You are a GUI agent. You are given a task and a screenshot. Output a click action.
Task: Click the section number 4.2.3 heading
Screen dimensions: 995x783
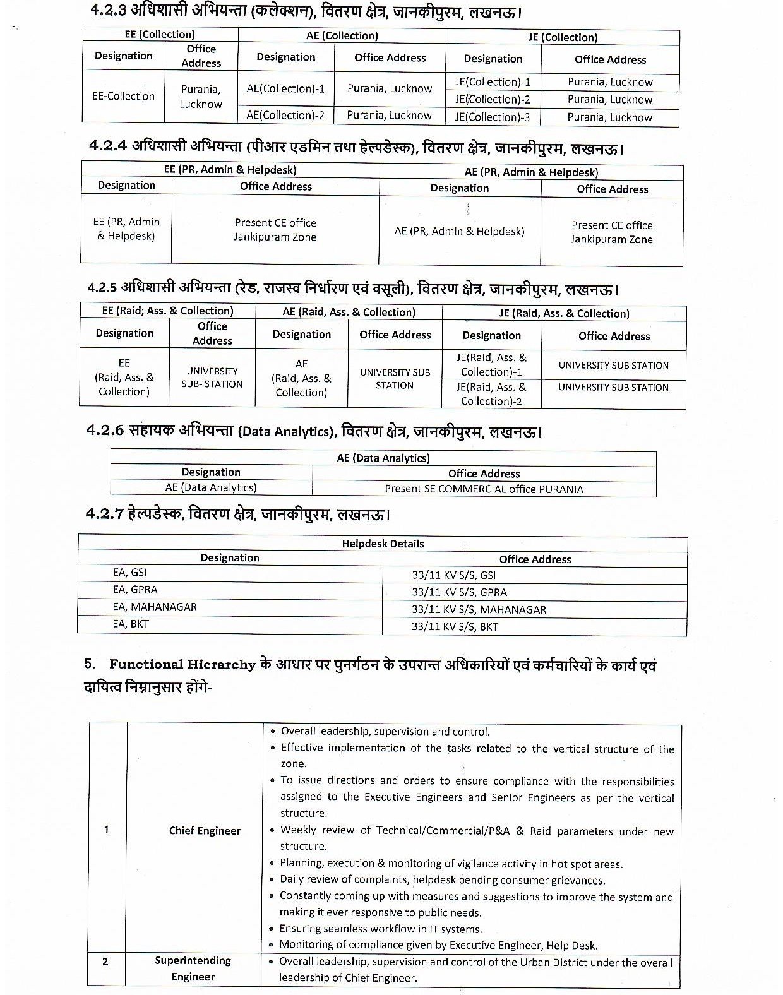click(107, 13)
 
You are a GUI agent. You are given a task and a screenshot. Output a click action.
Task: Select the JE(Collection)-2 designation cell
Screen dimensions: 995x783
click(493, 99)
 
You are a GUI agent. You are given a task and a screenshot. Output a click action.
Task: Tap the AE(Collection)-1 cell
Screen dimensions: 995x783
click(285, 89)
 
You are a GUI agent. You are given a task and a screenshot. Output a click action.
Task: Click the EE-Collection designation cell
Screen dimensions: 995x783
click(123, 96)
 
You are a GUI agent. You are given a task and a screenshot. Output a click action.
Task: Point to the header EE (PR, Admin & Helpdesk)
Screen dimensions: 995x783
click(230, 170)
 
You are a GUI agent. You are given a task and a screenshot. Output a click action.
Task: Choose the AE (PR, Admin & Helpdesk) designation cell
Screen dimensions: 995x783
click(459, 231)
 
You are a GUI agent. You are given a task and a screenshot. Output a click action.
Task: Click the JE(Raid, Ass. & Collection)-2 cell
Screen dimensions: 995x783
click(491, 394)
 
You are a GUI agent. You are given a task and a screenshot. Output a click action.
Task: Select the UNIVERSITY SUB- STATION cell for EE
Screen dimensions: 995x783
click(212, 378)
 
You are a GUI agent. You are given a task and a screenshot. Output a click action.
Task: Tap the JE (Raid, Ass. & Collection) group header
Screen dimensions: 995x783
click(564, 313)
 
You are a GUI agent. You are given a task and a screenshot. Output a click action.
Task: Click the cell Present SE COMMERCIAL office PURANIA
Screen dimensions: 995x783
click(484, 489)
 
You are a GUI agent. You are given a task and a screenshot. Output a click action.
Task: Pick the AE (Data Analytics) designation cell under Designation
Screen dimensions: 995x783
click(211, 487)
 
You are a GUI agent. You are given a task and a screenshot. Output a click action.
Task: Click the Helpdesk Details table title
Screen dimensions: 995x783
click(383, 544)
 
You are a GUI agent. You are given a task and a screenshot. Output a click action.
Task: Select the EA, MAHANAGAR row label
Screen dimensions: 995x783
click(155, 607)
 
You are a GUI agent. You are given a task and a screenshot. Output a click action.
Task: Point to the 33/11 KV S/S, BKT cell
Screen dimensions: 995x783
click(455, 626)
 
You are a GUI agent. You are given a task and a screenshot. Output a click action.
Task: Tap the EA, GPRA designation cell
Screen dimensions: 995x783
click(135, 590)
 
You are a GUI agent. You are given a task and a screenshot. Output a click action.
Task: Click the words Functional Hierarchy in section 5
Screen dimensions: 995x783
click(182, 664)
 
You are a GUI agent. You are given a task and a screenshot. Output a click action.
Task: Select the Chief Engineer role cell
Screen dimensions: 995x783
click(205, 831)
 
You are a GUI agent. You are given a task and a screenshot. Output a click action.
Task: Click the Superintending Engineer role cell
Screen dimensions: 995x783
click(193, 968)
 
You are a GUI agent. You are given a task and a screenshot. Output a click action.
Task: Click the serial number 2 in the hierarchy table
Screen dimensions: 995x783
click(105, 962)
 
